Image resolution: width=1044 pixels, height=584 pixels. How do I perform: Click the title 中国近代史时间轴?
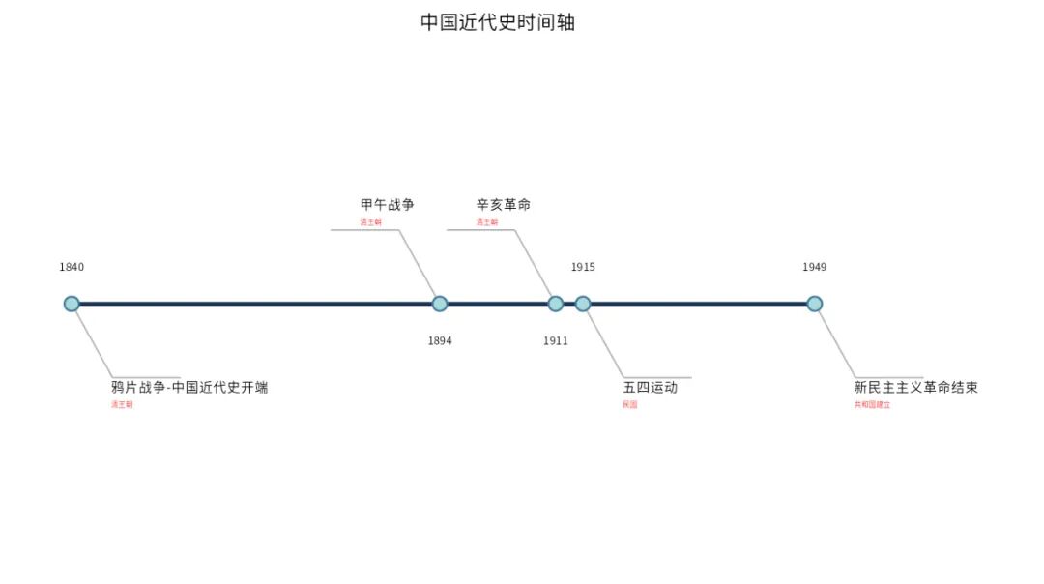[x=497, y=22]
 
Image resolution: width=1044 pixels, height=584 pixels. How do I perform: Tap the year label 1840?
[x=72, y=267]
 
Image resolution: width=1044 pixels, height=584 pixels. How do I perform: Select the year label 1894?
[x=440, y=340]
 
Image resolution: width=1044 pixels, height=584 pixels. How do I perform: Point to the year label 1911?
[x=556, y=340]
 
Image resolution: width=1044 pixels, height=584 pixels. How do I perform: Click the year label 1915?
[x=583, y=267]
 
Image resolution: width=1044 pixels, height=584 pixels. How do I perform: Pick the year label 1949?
[x=814, y=267]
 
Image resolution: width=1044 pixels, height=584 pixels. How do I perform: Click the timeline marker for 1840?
[x=72, y=304]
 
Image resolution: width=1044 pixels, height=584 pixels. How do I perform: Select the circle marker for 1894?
[x=440, y=304]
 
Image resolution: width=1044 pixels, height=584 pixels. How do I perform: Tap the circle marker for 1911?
[x=556, y=304]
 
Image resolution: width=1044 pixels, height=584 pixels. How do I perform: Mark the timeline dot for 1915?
[x=583, y=304]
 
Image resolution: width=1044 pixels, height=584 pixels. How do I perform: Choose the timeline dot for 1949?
[x=815, y=304]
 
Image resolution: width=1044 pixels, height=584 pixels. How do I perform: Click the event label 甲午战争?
[x=387, y=205]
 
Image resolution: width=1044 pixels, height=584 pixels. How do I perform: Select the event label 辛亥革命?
[x=503, y=205]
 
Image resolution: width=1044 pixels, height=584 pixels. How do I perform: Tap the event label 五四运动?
[x=650, y=388]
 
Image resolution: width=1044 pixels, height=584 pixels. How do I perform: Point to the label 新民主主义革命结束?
[x=915, y=388]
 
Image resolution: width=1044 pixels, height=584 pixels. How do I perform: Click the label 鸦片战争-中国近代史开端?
[x=189, y=388]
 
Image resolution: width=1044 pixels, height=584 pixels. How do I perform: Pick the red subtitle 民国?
[x=630, y=405]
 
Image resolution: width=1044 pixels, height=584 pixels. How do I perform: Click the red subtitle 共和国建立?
[x=872, y=405]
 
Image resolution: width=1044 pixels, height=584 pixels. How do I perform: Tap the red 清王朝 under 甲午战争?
[x=371, y=222]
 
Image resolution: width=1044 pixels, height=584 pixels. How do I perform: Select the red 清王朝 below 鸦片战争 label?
[x=122, y=405]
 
